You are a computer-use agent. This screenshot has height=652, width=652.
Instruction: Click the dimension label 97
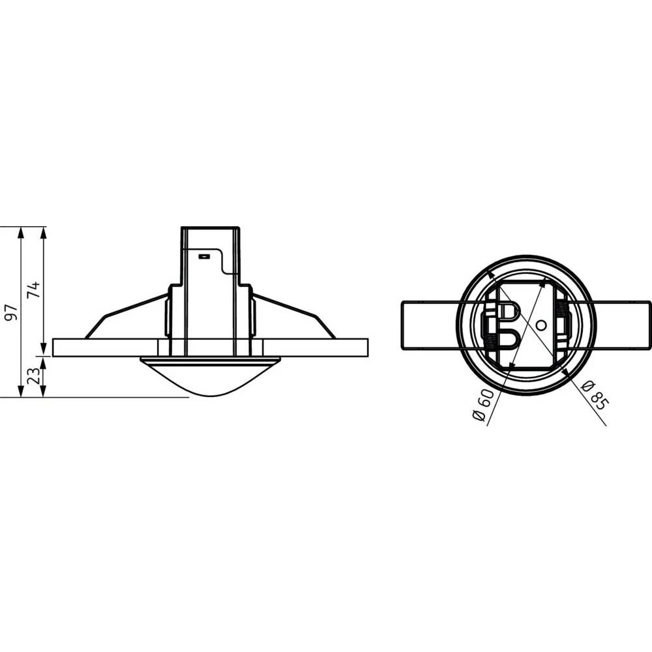9,312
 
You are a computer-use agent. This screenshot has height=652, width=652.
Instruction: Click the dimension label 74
35,289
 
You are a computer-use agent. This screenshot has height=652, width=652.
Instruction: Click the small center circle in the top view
539,325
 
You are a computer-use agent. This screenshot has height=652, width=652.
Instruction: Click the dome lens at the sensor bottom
211,378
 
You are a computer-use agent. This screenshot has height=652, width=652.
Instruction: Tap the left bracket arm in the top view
430,325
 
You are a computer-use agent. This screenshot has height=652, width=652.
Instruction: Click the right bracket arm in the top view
623,325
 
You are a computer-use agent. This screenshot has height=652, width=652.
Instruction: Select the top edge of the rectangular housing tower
211,228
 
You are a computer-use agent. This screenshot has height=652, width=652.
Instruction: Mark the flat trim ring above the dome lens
211,360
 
